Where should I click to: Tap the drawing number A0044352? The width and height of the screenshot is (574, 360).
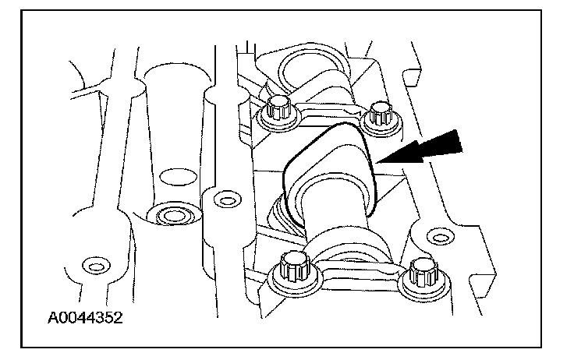pos(85,318)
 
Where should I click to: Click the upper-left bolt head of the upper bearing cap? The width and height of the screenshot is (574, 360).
pos(278,108)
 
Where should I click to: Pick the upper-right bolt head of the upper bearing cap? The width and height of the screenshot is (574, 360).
pos(381,113)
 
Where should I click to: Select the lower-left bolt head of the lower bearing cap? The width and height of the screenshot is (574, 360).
pos(293,266)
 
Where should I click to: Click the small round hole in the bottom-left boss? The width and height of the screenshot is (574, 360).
pos(96,266)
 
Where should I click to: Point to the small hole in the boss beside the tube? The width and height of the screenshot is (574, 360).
pos(227,200)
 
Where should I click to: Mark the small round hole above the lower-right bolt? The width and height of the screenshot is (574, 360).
pos(441,238)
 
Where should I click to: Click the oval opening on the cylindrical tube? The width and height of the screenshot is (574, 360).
pos(179,177)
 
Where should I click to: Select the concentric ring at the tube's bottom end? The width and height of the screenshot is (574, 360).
pos(172,215)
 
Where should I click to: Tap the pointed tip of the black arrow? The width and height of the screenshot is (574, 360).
pos(377,163)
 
